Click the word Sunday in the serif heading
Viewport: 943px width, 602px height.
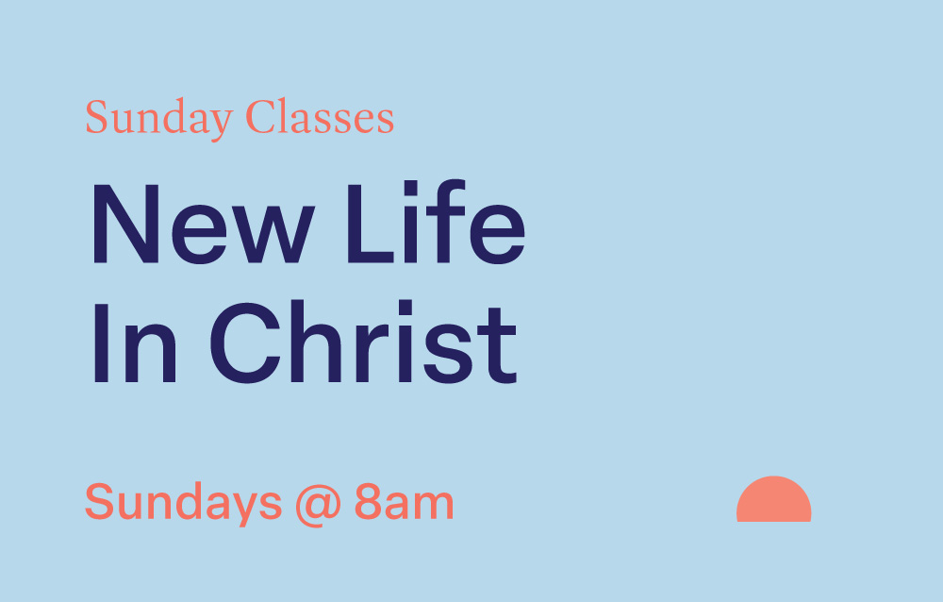pos(158,120)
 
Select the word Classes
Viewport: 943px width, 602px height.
pos(319,119)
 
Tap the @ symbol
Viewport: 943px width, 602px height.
pos(318,505)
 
